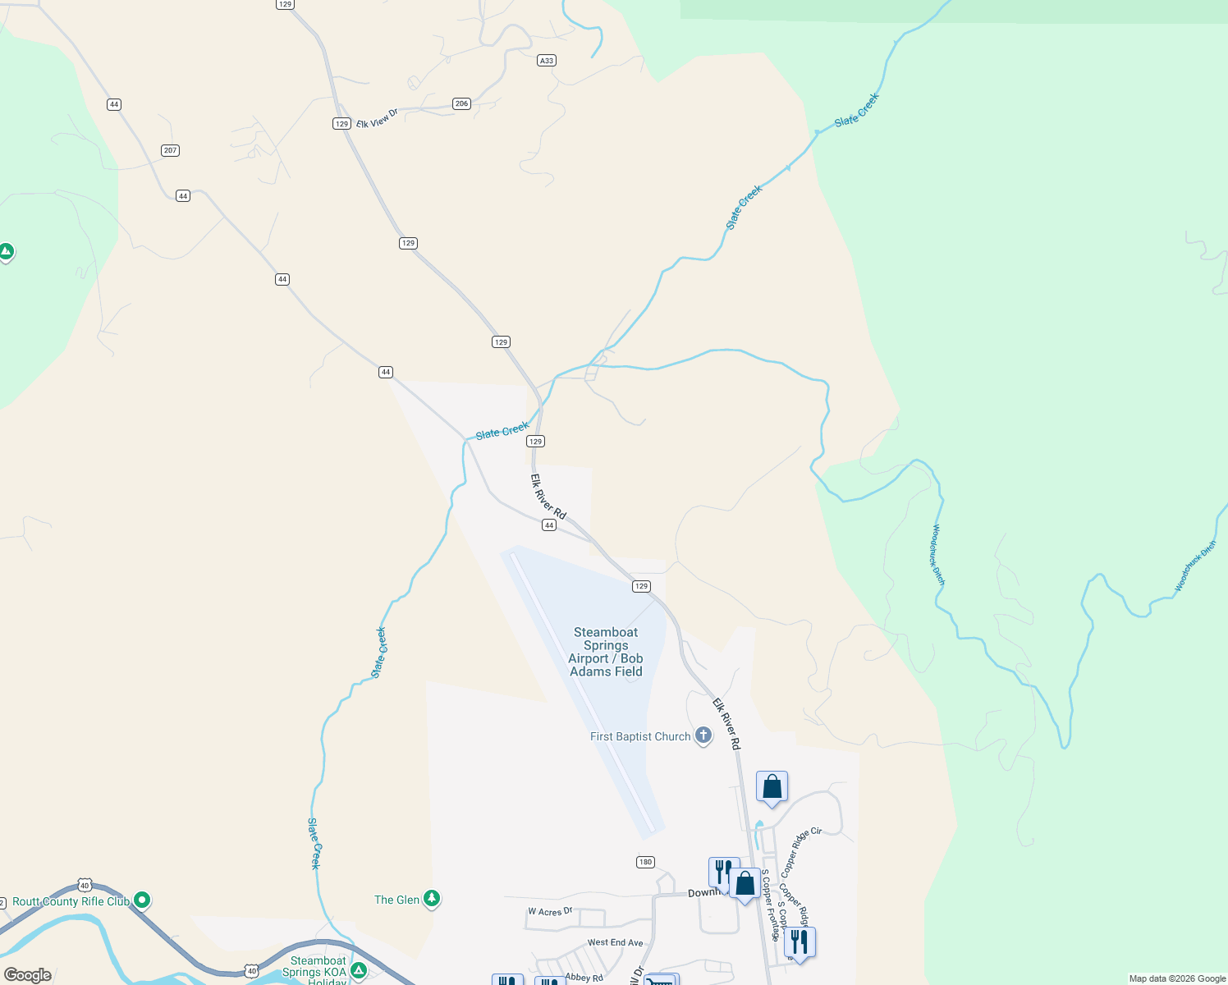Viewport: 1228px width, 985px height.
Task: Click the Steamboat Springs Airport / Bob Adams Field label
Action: coord(606,652)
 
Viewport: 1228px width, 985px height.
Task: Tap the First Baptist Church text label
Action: coord(640,736)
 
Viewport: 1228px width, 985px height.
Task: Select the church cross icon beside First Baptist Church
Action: coord(703,735)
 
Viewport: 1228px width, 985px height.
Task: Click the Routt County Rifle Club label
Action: coord(71,901)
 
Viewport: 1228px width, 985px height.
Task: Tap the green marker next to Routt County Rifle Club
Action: coord(142,900)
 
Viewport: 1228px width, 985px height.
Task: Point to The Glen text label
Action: coord(396,900)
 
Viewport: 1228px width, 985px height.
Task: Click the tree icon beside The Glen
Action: coord(432,899)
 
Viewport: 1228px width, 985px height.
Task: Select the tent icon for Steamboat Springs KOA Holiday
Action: coord(358,971)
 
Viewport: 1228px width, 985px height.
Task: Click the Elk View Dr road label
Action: coord(377,118)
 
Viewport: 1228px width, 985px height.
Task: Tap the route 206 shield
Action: coord(461,103)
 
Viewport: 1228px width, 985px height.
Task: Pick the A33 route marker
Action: coord(547,60)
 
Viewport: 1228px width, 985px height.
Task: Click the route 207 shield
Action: coord(170,150)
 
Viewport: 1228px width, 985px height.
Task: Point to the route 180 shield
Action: coord(645,862)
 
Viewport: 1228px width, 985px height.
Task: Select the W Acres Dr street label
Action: coord(550,911)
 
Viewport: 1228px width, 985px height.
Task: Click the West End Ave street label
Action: coord(615,942)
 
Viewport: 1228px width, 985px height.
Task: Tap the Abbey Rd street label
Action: coord(584,977)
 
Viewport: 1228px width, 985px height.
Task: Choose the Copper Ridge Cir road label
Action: coord(800,852)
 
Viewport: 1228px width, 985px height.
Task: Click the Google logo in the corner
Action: coord(28,975)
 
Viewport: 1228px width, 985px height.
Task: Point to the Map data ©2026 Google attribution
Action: coord(1177,978)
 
